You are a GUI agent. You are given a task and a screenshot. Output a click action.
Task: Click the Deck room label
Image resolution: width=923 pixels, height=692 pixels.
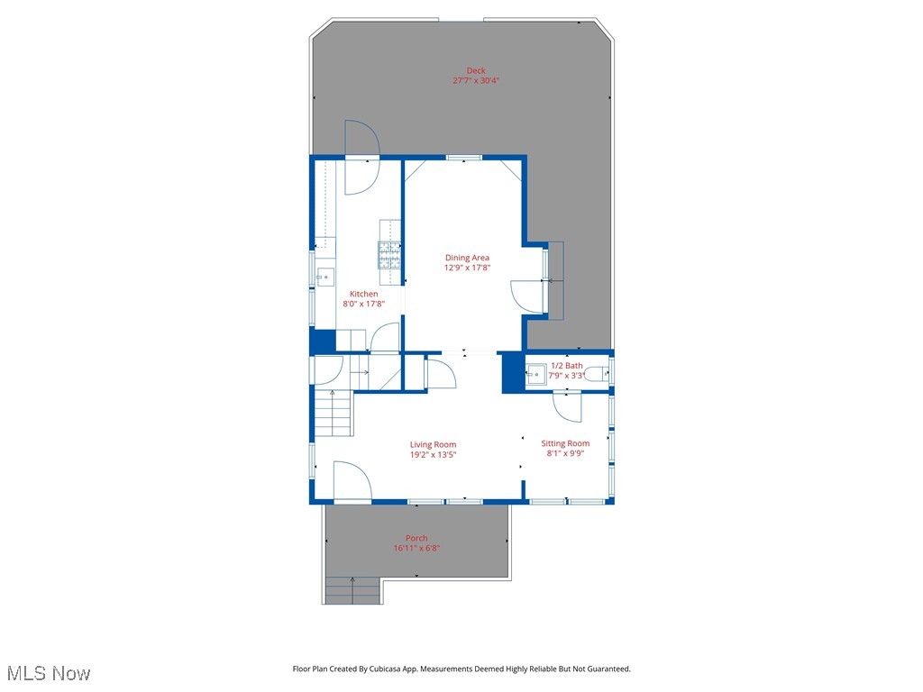coord(476,70)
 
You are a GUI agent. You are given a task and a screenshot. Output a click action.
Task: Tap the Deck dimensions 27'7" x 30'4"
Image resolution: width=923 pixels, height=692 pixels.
coord(476,80)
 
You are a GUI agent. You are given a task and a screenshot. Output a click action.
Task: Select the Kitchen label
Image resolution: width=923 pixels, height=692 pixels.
coord(364,294)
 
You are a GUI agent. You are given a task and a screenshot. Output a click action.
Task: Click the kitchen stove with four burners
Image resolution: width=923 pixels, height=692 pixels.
coord(388,255)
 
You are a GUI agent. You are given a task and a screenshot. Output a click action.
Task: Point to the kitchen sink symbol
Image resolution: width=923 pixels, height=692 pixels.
coord(325,276)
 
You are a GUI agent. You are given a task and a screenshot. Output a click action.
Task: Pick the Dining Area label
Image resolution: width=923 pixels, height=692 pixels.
coord(467,258)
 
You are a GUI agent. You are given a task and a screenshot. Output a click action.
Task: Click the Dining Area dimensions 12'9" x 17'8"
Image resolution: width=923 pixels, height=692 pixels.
coord(467,268)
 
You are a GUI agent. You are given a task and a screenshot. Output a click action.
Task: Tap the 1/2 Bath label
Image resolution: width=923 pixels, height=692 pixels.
coord(567,366)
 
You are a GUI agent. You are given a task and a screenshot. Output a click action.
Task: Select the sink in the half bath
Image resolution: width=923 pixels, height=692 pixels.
coord(537,374)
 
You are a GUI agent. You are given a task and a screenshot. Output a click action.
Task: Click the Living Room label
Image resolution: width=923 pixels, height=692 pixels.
coord(433,444)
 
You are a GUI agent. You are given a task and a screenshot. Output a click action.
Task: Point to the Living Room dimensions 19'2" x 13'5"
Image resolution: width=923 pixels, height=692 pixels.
coord(433,454)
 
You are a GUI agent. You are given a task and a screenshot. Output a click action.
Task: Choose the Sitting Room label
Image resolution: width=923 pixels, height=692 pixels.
coord(565,443)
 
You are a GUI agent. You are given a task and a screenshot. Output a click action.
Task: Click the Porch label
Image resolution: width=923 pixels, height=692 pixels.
coord(416,538)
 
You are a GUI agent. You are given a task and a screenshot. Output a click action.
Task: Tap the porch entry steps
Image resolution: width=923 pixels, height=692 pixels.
coord(352,590)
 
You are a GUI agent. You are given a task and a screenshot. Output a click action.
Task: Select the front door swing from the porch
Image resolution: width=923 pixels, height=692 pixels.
coord(352,481)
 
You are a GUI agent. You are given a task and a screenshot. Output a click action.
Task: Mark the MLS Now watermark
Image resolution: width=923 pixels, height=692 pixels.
coord(49,673)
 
